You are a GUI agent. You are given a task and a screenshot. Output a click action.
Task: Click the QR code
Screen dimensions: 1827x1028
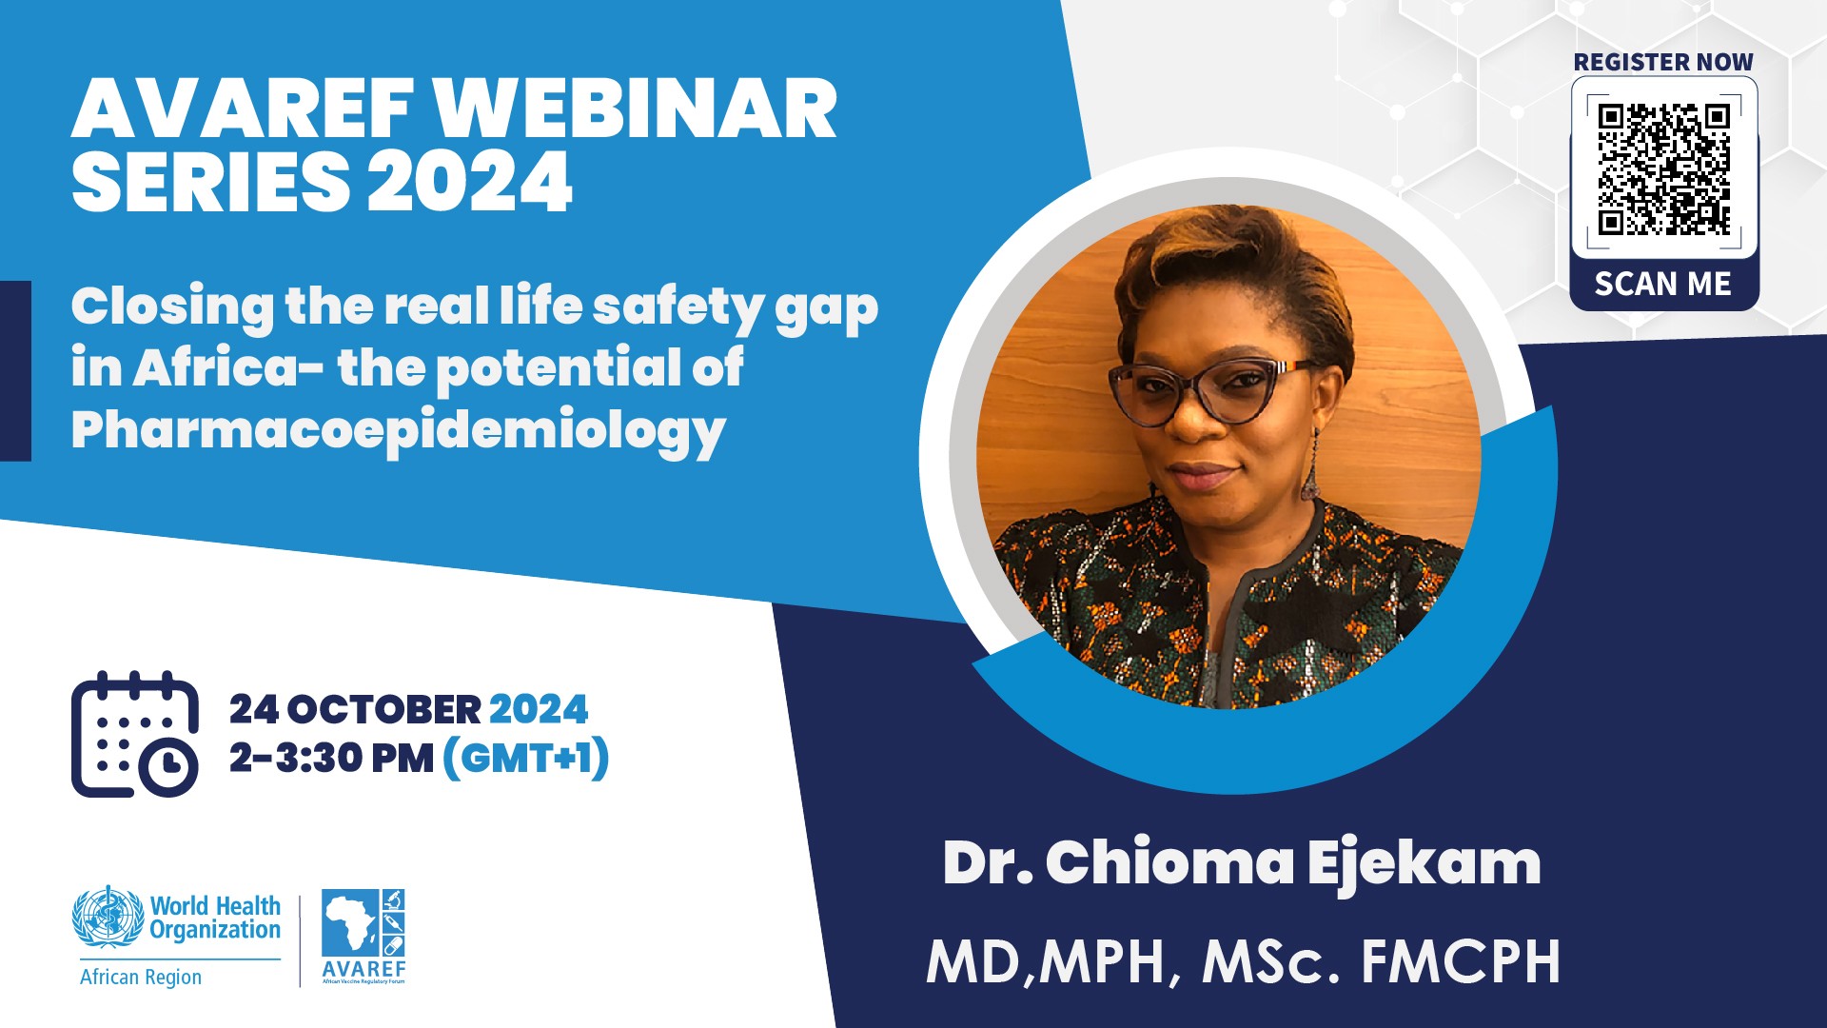coord(1663,168)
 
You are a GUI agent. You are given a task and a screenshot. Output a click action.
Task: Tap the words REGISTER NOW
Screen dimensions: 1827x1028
coord(1663,62)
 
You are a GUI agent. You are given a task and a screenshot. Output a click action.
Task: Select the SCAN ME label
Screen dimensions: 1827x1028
coord(1663,284)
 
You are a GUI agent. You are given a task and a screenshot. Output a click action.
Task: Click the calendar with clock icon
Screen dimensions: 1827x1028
coord(135,734)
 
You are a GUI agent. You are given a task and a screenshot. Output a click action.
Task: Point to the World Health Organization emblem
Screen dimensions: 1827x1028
coord(108,917)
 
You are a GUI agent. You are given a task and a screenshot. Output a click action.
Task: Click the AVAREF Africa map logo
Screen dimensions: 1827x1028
coord(363,936)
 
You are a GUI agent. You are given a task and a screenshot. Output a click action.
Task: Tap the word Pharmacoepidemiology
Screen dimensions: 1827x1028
coord(399,431)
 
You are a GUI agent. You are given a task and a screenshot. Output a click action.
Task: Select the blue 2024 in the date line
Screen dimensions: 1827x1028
coord(539,710)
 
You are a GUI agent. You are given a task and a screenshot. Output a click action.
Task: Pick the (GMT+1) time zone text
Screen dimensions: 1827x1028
coord(526,759)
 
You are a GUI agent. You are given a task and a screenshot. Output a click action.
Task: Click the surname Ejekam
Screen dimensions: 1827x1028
coord(1424,864)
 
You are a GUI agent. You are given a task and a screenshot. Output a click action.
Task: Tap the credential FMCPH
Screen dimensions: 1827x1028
coord(1461,961)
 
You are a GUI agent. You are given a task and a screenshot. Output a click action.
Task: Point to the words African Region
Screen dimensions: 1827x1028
coord(141,977)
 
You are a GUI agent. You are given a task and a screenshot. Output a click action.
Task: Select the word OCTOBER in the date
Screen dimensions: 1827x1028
coord(384,710)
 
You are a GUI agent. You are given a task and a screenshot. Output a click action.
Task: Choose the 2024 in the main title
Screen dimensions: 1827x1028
coord(470,181)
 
